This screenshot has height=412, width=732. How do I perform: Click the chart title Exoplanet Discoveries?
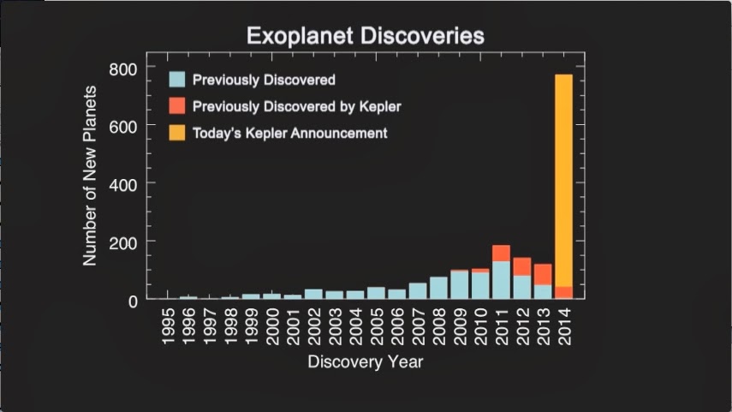point(366,36)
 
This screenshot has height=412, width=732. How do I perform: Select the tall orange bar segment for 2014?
point(563,181)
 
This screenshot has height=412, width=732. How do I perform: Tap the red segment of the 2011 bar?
point(501,254)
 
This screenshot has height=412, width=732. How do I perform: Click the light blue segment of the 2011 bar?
point(501,280)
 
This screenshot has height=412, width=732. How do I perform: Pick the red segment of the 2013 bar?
point(543,275)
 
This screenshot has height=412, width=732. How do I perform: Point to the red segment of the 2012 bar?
point(522,266)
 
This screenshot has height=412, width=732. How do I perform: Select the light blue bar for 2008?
point(438,288)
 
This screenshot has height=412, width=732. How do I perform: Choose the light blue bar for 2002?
point(313,294)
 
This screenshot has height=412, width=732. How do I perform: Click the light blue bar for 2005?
point(376,293)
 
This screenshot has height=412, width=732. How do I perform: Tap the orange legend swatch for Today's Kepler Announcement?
point(177,133)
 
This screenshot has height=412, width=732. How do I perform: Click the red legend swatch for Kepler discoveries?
point(177,105)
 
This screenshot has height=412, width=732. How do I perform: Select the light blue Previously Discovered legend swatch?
point(177,79)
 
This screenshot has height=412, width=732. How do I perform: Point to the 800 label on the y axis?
point(122,69)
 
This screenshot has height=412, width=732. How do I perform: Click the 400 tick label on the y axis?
point(122,186)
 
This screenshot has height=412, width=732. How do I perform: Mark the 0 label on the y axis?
point(133,302)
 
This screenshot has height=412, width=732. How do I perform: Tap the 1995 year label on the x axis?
point(168,326)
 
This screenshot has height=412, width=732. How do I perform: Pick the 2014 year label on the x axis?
point(564,326)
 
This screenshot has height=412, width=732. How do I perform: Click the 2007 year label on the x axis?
point(419,326)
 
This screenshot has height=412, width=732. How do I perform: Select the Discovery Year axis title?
point(366,362)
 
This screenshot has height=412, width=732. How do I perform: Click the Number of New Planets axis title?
point(90,176)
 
